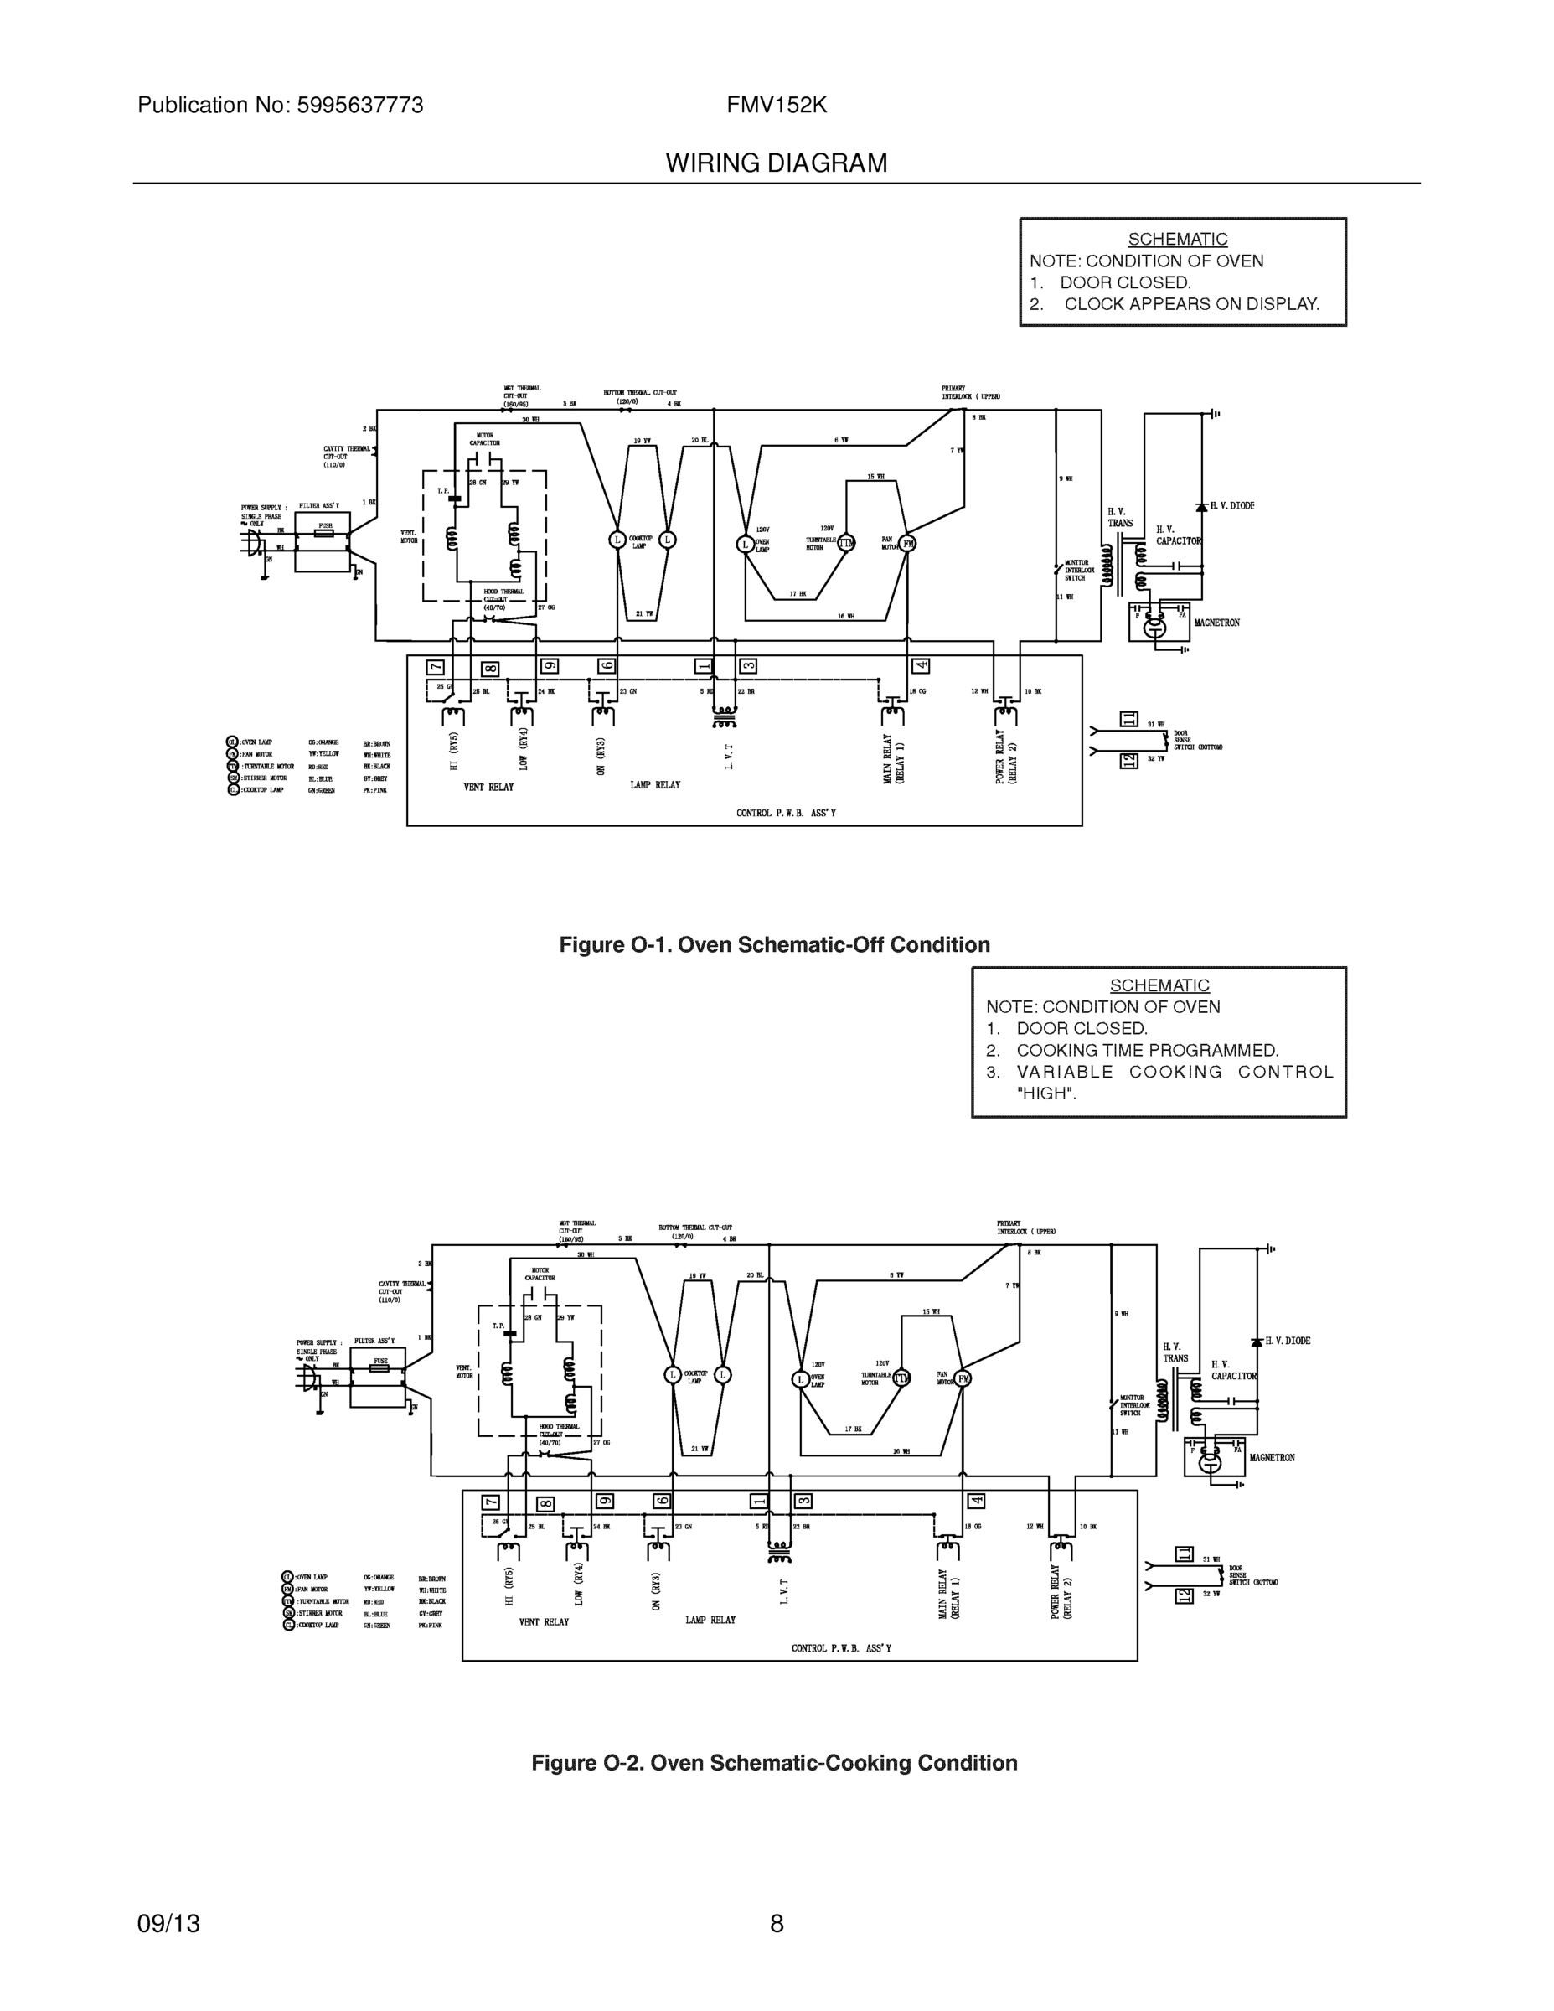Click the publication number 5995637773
click(360, 106)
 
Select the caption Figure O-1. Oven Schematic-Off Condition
click(774, 944)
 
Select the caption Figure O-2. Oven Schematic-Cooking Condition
click(774, 1762)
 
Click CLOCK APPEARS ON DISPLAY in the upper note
click(1191, 305)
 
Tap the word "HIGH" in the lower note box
click(1045, 1093)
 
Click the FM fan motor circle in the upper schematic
click(908, 543)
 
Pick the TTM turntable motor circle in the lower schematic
click(901, 1378)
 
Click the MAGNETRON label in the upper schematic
click(1216, 623)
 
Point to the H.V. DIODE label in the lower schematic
click(1287, 1341)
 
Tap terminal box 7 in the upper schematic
click(436, 668)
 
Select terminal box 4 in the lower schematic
click(976, 1502)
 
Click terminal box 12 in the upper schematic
click(1128, 761)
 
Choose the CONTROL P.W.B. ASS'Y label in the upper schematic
click(785, 813)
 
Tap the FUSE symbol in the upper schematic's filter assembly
click(325, 531)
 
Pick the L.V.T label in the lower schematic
click(784, 1592)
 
